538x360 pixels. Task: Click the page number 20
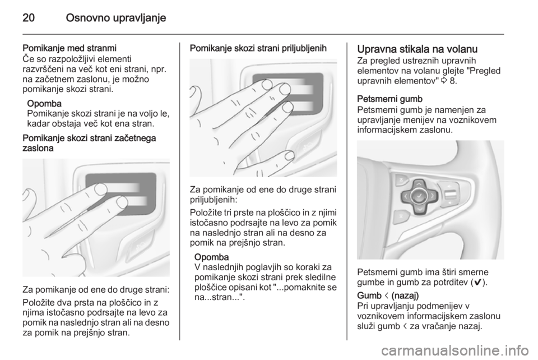[x=29, y=18]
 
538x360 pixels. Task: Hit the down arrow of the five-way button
[x=420, y=208]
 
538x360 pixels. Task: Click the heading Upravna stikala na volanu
[x=417, y=49]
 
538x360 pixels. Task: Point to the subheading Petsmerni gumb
[x=390, y=99]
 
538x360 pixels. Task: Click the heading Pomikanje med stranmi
[x=69, y=48]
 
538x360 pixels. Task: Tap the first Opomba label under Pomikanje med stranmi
[x=44, y=103]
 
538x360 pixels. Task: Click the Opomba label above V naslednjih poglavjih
[x=212, y=257]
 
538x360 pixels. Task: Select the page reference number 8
[x=453, y=81]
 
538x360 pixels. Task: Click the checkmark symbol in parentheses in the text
[x=477, y=283]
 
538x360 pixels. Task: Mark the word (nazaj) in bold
[x=405, y=296]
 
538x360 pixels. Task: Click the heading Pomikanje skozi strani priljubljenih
[x=258, y=48]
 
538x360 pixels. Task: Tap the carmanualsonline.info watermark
[x=453, y=350]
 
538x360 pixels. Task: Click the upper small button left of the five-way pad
[x=401, y=180]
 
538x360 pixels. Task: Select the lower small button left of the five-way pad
[x=401, y=215]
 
